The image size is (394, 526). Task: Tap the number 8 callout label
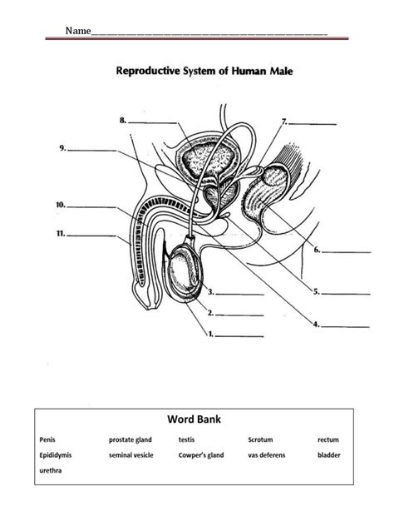pos(123,121)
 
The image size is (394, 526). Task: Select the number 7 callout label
pos(284,121)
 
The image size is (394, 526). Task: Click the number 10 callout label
pos(61,203)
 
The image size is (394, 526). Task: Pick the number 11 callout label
pos(61,234)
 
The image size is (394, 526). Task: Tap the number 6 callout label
pos(316,249)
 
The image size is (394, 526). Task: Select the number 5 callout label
pos(316,291)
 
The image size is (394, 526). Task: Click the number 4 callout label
pos(316,325)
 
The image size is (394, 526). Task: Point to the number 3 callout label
pos(211,292)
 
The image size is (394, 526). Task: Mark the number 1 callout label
pos(211,335)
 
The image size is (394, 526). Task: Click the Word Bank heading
pos(197,420)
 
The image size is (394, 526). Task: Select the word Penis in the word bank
pos(48,439)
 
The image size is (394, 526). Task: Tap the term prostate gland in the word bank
pos(131,439)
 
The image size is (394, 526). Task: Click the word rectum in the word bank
pos(328,439)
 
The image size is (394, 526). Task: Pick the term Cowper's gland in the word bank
pos(201,455)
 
